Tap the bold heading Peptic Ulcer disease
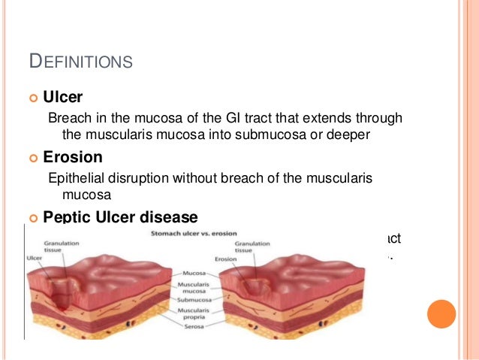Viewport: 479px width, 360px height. (120, 217)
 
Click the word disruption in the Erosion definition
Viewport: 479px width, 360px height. (133, 178)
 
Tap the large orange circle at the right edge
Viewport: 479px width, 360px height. (441, 314)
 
